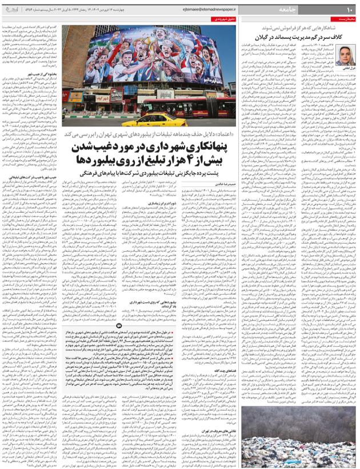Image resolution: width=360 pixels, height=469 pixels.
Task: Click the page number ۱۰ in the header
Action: (349, 9)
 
